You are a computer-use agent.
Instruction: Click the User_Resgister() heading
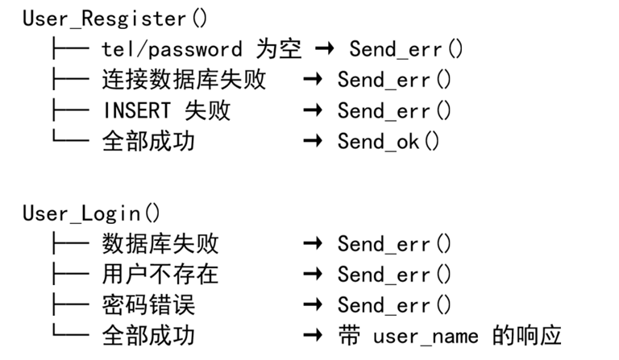click(x=115, y=19)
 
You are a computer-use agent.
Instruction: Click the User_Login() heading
click(x=92, y=213)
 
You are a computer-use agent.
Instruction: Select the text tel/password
click(x=172, y=50)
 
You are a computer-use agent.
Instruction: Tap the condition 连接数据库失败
click(x=184, y=80)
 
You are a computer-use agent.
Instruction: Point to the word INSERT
click(x=136, y=110)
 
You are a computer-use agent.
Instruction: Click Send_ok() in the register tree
click(x=388, y=141)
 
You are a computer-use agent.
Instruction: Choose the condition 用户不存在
click(x=160, y=275)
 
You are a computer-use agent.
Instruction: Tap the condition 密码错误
click(x=148, y=305)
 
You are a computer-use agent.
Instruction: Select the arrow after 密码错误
click(x=313, y=304)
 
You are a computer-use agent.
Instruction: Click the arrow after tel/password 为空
click(x=325, y=49)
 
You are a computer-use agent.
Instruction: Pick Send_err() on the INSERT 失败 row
click(x=394, y=110)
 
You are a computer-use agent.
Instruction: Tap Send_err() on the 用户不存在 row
click(x=394, y=275)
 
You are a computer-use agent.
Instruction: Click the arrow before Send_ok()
click(x=313, y=141)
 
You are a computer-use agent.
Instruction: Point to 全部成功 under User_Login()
click(x=148, y=336)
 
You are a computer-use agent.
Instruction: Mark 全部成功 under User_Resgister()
click(x=148, y=141)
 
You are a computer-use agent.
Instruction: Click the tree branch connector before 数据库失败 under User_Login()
click(x=70, y=244)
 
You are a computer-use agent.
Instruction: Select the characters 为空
click(x=279, y=49)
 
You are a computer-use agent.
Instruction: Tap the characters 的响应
click(x=527, y=336)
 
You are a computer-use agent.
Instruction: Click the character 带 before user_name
click(x=349, y=336)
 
